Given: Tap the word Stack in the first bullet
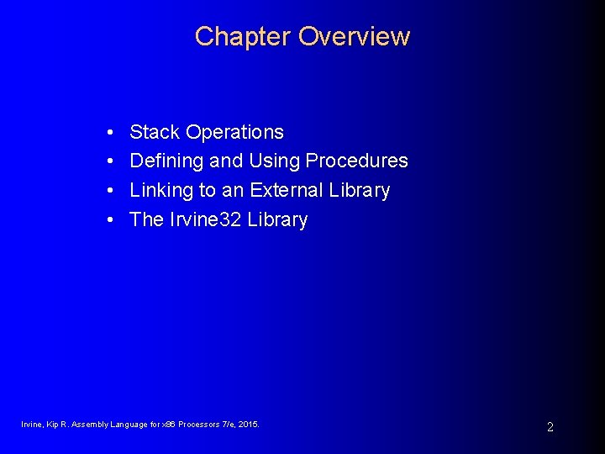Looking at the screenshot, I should point(155,132).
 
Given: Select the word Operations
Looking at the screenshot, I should point(234,133).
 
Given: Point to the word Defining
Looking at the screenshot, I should point(164,161).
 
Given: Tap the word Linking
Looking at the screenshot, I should point(161,191).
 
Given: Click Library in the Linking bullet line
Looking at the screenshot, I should point(359,191).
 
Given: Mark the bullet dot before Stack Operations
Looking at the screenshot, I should point(111,133).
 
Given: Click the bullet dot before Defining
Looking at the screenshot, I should point(111,161).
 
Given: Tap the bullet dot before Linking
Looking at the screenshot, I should point(111,191).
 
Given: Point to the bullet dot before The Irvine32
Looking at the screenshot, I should point(111,220).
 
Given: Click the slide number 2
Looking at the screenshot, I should point(550,427).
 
